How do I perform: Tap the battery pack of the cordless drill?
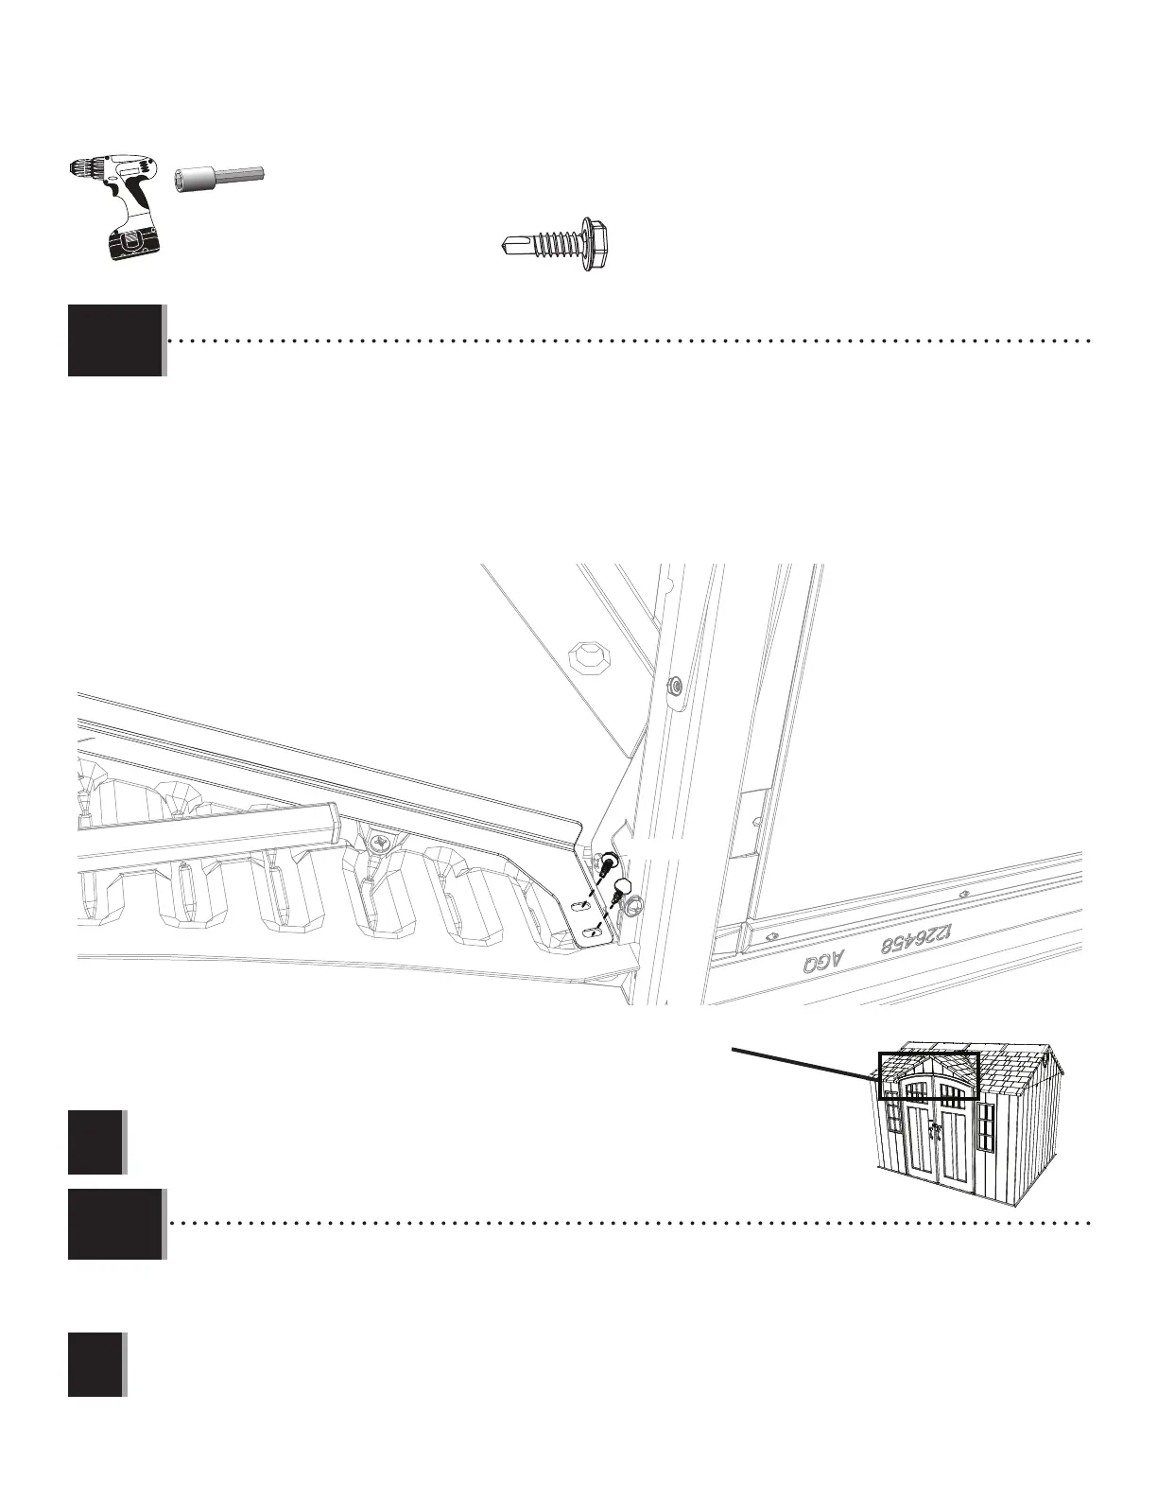coord(130,243)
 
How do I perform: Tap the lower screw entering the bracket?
coord(623,889)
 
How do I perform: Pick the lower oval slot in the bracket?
coord(593,933)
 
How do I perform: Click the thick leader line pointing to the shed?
coord(803,1062)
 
